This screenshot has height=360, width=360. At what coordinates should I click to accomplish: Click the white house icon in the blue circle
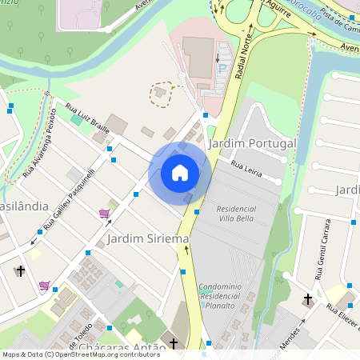(x=180, y=172)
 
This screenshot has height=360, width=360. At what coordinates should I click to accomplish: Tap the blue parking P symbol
(x=222, y=70)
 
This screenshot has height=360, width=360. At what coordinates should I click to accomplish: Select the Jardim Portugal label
(x=251, y=143)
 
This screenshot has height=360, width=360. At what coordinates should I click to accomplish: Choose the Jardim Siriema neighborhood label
(x=147, y=238)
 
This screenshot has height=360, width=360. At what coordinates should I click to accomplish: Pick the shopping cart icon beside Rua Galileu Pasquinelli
(x=104, y=214)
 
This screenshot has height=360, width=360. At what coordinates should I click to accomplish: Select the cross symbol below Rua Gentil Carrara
(x=307, y=299)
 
